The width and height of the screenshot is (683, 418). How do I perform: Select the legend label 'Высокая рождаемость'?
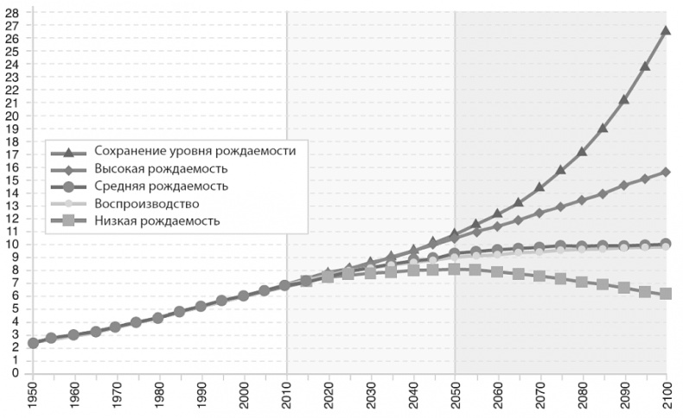161,168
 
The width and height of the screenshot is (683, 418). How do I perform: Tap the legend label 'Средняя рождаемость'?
161,186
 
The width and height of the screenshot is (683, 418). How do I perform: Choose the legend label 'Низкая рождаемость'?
156,221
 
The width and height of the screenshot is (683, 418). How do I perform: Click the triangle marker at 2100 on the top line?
666,30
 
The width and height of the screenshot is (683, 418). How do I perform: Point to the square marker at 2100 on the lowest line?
666,294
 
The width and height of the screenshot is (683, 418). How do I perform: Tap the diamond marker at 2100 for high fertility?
666,172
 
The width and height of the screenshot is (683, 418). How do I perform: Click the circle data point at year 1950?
33,343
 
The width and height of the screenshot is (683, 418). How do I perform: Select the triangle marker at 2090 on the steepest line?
623,99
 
